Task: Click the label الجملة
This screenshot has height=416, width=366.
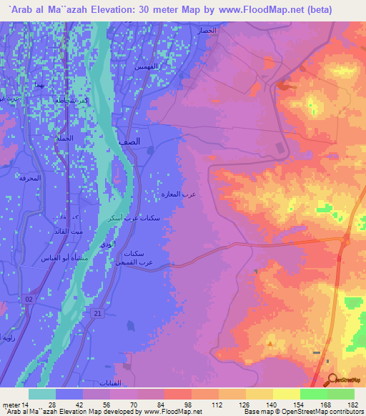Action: (x=64, y=138)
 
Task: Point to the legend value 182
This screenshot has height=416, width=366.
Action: (x=351, y=405)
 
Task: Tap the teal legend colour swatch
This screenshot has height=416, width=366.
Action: (x=42, y=394)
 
